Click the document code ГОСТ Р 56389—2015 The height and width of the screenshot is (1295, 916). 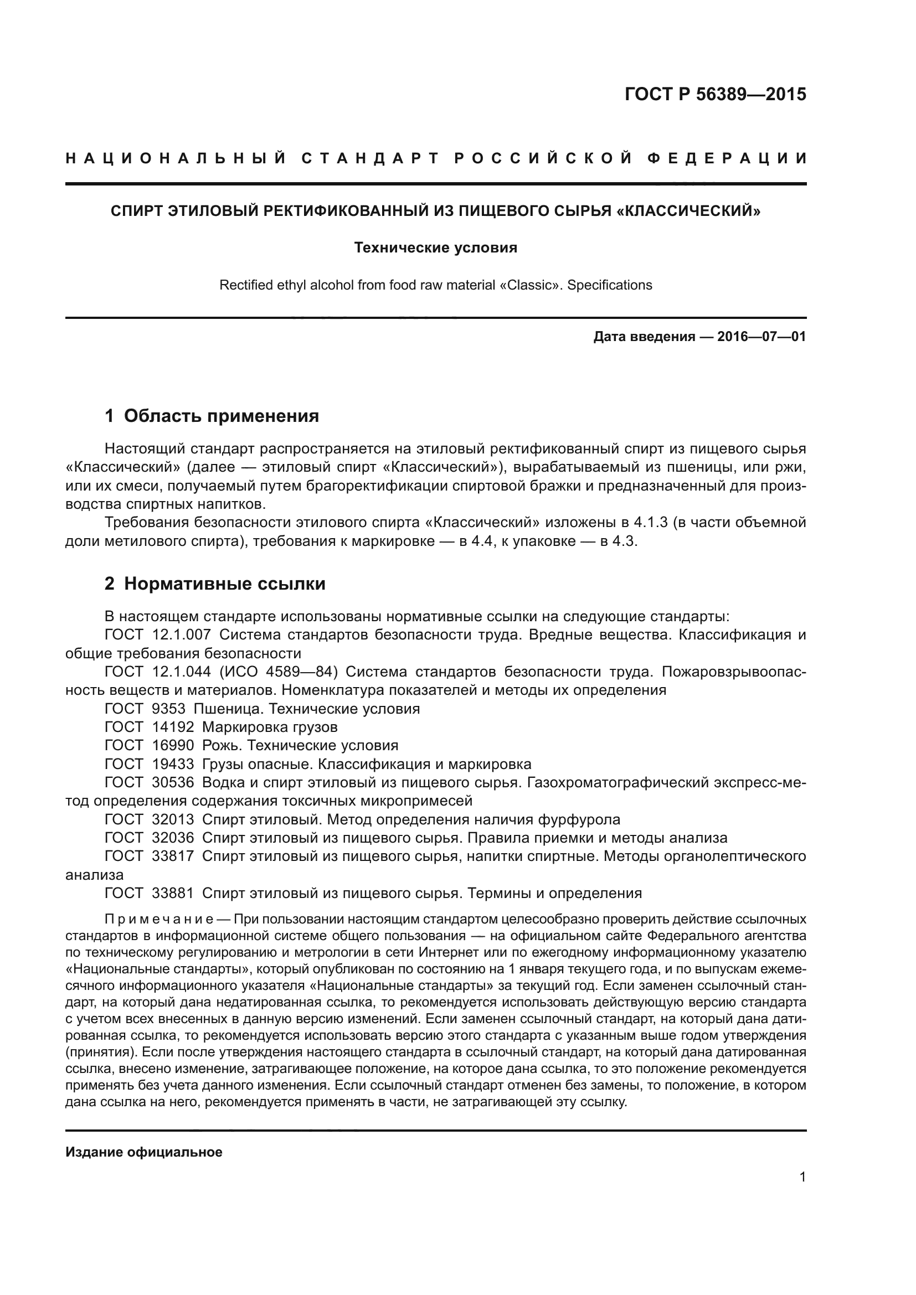pyautogui.click(x=715, y=95)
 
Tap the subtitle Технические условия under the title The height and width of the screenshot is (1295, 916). pyautogui.click(x=435, y=247)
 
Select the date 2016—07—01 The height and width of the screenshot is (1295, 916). pyautogui.click(x=761, y=337)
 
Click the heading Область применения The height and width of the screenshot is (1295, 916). pyautogui.click(x=221, y=416)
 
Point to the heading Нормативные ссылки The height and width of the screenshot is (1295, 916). pyautogui.click(x=224, y=584)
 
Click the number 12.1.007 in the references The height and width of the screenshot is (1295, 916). pyautogui.click(x=182, y=635)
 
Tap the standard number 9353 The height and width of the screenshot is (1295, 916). pyautogui.click(x=169, y=709)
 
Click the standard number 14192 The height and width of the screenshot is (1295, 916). pyautogui.click(x=173, y=728)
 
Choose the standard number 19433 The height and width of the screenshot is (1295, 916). pyautogui.click(x=173, y=764)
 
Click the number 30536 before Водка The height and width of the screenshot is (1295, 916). pyautogui.click(x=173, y=783)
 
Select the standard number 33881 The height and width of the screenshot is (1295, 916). pyautogui.click(x=173, y=894)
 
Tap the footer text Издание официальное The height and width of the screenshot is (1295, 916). pyautogui.click(x=144, y=1152)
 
